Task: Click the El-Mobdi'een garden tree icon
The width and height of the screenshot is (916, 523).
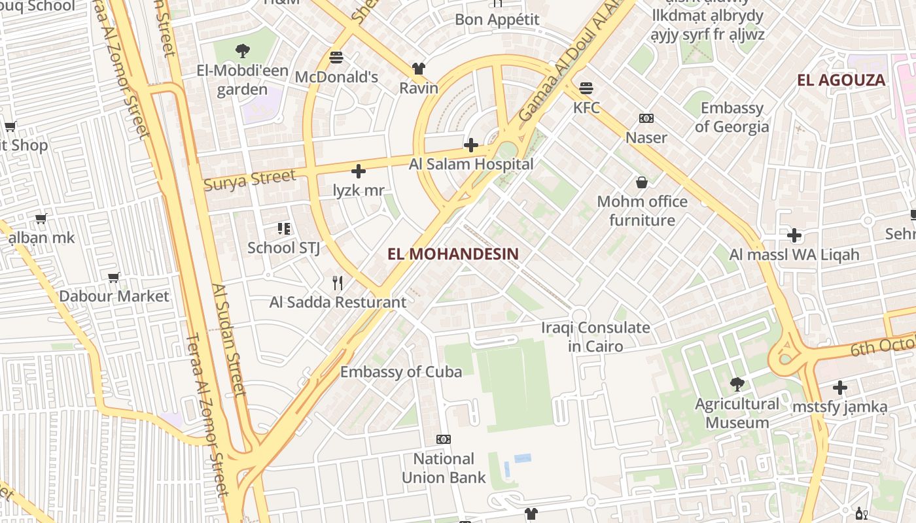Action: [x=242, y=50]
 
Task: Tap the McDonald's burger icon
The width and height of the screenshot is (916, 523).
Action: [x=336, y=58]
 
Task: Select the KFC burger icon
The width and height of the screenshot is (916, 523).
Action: [x=586, y=88]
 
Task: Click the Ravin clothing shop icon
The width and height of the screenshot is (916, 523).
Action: [x=419, y=69]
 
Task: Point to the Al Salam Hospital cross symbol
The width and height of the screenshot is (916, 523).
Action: [x=470, y=144]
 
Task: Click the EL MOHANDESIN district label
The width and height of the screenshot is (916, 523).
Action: [x=453, y=254]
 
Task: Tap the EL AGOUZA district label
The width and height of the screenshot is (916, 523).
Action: [x=841, y=80]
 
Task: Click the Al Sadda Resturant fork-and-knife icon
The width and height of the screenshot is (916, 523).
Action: [x=338, y=283]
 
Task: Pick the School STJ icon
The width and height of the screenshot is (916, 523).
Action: [x=284, y=228]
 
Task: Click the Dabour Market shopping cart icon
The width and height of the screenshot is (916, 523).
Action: [x=114, y=277]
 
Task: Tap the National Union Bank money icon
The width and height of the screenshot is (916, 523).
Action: [x=444, y=439]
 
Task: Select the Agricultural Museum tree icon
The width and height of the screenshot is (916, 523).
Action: [x=737, y=384]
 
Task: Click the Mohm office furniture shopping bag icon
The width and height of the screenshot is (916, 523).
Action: [x=642, y=182]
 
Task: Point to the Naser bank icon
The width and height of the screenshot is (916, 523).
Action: [x=646, y=118]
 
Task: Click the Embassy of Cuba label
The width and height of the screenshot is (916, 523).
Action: [x=401, y=372]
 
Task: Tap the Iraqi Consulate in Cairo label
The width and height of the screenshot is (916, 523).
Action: [x=595, y=337]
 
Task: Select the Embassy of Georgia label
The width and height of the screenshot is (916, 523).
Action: [x=731, y=117]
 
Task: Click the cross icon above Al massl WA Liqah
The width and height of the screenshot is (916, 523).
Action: [x=794, y=235]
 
